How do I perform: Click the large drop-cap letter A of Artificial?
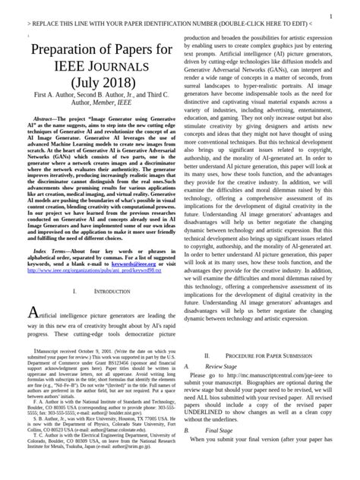tap(31, 314)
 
